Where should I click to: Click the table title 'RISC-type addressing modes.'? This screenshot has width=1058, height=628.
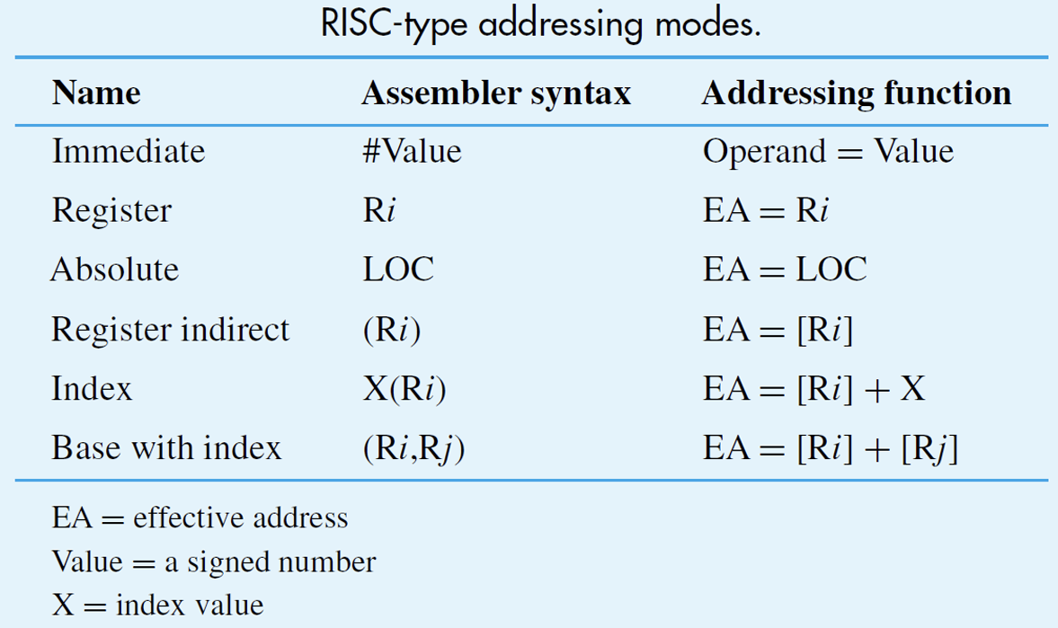[540, 25]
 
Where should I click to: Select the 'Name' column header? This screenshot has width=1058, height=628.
[96, 93]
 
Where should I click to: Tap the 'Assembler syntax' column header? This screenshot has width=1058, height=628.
[496, 93]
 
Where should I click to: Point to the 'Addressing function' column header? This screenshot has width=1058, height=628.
[857, 93]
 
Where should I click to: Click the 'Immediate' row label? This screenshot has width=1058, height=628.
[129, 151]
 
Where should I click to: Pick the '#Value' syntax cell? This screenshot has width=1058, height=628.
[412, 151]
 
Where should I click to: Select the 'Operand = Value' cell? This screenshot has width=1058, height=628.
[828, 152]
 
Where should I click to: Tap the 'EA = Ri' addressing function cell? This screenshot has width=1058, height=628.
[765, 210]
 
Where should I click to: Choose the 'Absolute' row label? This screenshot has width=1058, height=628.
[115, 270]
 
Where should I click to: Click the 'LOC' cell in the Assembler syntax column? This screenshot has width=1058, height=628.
[398, 270]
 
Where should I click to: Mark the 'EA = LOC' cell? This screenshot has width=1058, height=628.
[784, 270]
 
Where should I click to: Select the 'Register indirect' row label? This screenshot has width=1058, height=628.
[170, 330]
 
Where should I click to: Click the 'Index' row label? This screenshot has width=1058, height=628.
[92, 389]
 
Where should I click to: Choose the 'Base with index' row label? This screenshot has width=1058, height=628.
[166, 448]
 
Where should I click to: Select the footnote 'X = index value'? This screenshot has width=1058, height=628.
[158, 605]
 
